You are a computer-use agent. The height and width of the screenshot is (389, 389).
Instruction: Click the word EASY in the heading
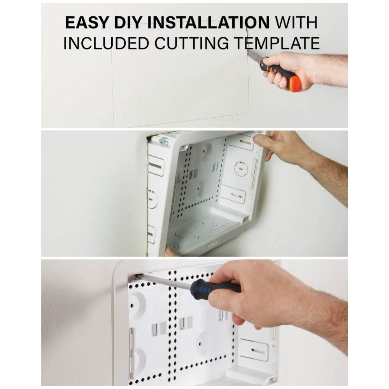tap(87, 23)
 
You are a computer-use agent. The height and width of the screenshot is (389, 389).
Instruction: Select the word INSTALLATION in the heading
tap(209, 23)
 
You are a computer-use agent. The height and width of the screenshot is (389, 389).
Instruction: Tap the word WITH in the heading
tap(296, 23)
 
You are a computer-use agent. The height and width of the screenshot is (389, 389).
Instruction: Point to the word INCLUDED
tap(107, 43)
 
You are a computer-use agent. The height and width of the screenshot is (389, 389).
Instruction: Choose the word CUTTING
tap(191, 43)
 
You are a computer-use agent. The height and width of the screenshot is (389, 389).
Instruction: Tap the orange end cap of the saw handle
tap(296, 84)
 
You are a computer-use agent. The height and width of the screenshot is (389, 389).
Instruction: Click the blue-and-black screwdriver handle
tap(216, 287)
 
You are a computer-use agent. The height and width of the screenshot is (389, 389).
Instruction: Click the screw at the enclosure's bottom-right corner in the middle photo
tap(247, 219)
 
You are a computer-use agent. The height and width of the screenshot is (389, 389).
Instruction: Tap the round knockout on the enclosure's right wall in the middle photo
tap(241, 169)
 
